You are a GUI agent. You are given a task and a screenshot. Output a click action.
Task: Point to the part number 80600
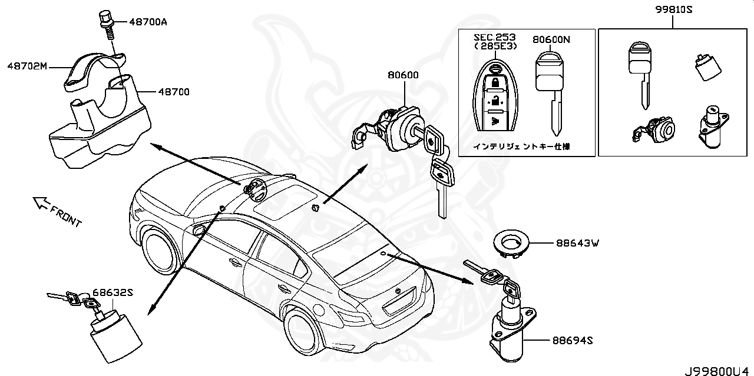[x=403, y=75]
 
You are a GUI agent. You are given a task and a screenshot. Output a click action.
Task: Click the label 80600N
[x=551, y=40]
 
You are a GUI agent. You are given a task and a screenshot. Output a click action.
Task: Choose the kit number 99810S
[x=673, y=9]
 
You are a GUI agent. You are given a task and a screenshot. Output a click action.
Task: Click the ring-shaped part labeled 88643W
[x=510, y=243]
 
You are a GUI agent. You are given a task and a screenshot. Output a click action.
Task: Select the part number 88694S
[x=572, y=340]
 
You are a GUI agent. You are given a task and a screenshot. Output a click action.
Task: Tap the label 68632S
[x=111, y=292]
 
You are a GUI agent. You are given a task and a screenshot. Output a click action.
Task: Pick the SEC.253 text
[x=495, y=37]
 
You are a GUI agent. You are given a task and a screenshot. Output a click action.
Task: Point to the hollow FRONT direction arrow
[x=41, y=203]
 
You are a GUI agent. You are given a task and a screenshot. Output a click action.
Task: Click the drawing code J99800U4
[x=717, y=370]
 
